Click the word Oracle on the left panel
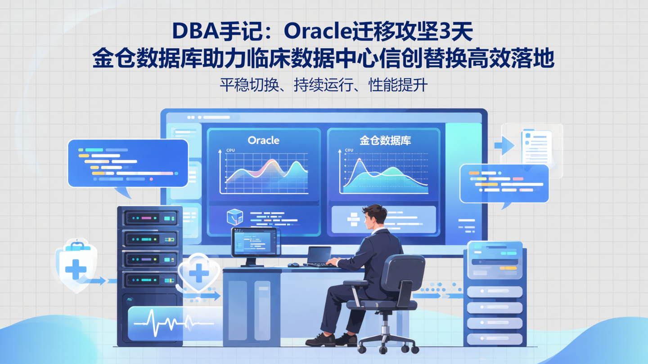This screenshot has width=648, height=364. pos(264,140)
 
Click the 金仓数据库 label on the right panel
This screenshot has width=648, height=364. pos(385,140)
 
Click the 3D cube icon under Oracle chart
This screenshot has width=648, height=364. pos(235,217)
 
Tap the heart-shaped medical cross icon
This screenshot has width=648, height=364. pos(199,272)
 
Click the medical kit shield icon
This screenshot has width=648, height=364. pos(76,265)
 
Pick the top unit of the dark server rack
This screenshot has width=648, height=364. pos(150,218)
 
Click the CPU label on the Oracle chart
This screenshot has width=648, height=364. pos(230,151)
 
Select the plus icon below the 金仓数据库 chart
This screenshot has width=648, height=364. pos(353,219)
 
